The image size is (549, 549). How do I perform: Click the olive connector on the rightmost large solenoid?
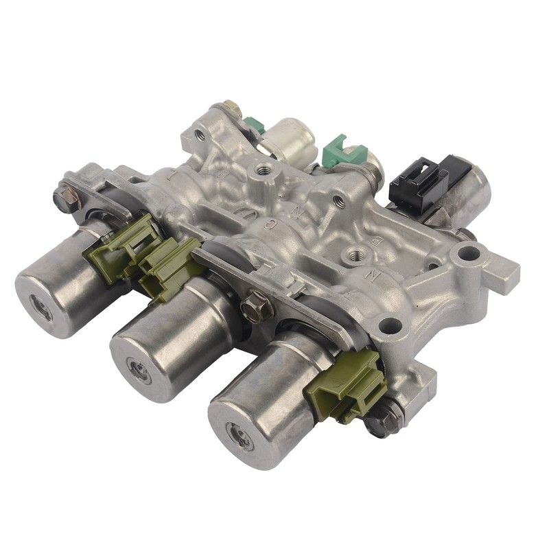(x=341, y=388)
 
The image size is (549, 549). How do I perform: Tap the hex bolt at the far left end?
(x=66, y=198)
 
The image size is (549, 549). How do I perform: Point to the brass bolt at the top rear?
(x=231, y=108)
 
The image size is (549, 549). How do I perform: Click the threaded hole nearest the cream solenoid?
(x=262, y=169)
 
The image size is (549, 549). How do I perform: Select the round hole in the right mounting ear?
(x=469, y=254)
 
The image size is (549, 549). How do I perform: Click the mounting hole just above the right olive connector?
(x=390, y=326)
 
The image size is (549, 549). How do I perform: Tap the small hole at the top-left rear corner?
(x=200, y=135)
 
